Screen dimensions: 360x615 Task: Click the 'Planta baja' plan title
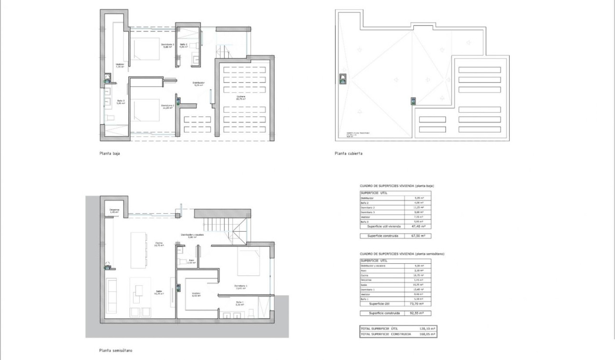[109, 154]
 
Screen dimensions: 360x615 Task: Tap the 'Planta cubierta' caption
[348, 154]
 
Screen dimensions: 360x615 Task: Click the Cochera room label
[241, 97]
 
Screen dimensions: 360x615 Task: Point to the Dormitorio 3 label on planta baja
[167, 45]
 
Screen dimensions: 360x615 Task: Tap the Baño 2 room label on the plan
[184, 45]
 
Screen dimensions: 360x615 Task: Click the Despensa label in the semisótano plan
[114, 210]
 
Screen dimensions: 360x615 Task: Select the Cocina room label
[159, 244]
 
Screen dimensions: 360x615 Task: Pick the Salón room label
[159, 293]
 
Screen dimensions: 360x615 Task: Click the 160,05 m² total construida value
[428, 334]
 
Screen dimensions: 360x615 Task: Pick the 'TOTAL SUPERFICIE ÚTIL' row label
[379, 329]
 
